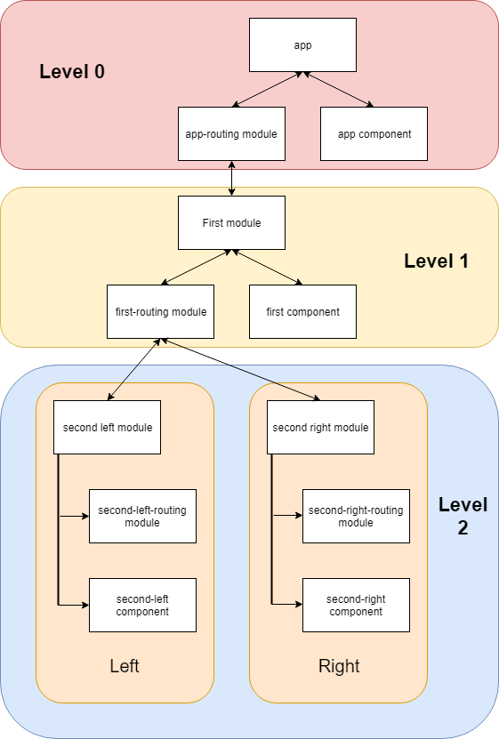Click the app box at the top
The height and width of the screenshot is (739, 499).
pos(302,44)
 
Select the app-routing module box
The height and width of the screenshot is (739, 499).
pos(231,133)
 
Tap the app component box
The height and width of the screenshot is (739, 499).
pos(374,133)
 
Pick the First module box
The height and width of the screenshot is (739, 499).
pos(231,222)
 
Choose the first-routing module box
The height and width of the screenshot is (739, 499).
pos(160,311)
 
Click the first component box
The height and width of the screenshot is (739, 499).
pos(302,311)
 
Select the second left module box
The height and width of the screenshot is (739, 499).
pos(107,427)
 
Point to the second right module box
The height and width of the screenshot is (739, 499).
pos(320,427)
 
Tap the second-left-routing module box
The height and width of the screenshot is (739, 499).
pos(142,516)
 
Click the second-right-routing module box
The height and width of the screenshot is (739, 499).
pos(356,516)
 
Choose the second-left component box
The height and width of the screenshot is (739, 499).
pos(142,605)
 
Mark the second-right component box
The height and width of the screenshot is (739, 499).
pos(356,605)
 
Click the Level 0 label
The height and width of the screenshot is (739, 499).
pos(72,72)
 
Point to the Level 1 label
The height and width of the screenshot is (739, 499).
pos(436,261)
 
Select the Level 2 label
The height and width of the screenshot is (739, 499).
pos(463,516)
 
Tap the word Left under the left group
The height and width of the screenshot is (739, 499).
pos(125,666)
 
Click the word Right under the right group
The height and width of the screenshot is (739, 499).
pos(338,666)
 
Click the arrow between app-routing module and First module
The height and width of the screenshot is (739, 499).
pos(231,178)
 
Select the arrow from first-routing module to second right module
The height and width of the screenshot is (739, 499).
pos(240,369)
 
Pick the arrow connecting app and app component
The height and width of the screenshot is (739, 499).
pos(338,90)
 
